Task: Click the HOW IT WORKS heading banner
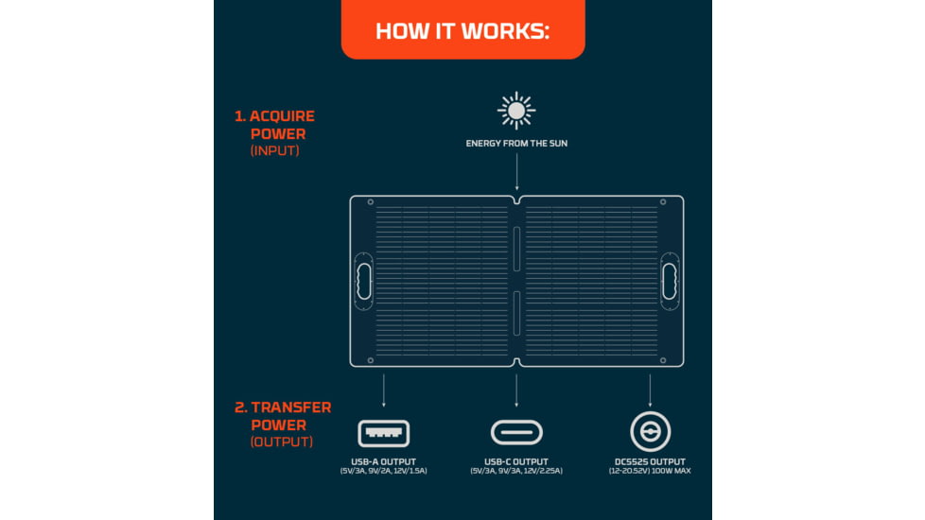[x=462, y=30]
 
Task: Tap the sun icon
[x=516, y=112]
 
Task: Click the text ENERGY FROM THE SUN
[x=516, y=144]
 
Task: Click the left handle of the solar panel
[x=363, y=280]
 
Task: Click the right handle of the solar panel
[x=670, y=280]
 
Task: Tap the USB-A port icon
[x=383, y=433]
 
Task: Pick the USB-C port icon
[x=516, y=433]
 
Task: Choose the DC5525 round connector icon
[x=650, y=433]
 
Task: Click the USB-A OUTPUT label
[x=383, y=461]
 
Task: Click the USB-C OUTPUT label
[x=516, y=461]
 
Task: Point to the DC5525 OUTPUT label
[x=650, y=461]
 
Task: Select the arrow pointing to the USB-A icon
[x=383, y=390]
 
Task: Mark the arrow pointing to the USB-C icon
[x=516, y=390]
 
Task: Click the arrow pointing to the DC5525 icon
[x=650, y=390]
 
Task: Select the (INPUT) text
[x=274, y=150]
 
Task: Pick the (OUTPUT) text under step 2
[x=282, y=442]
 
